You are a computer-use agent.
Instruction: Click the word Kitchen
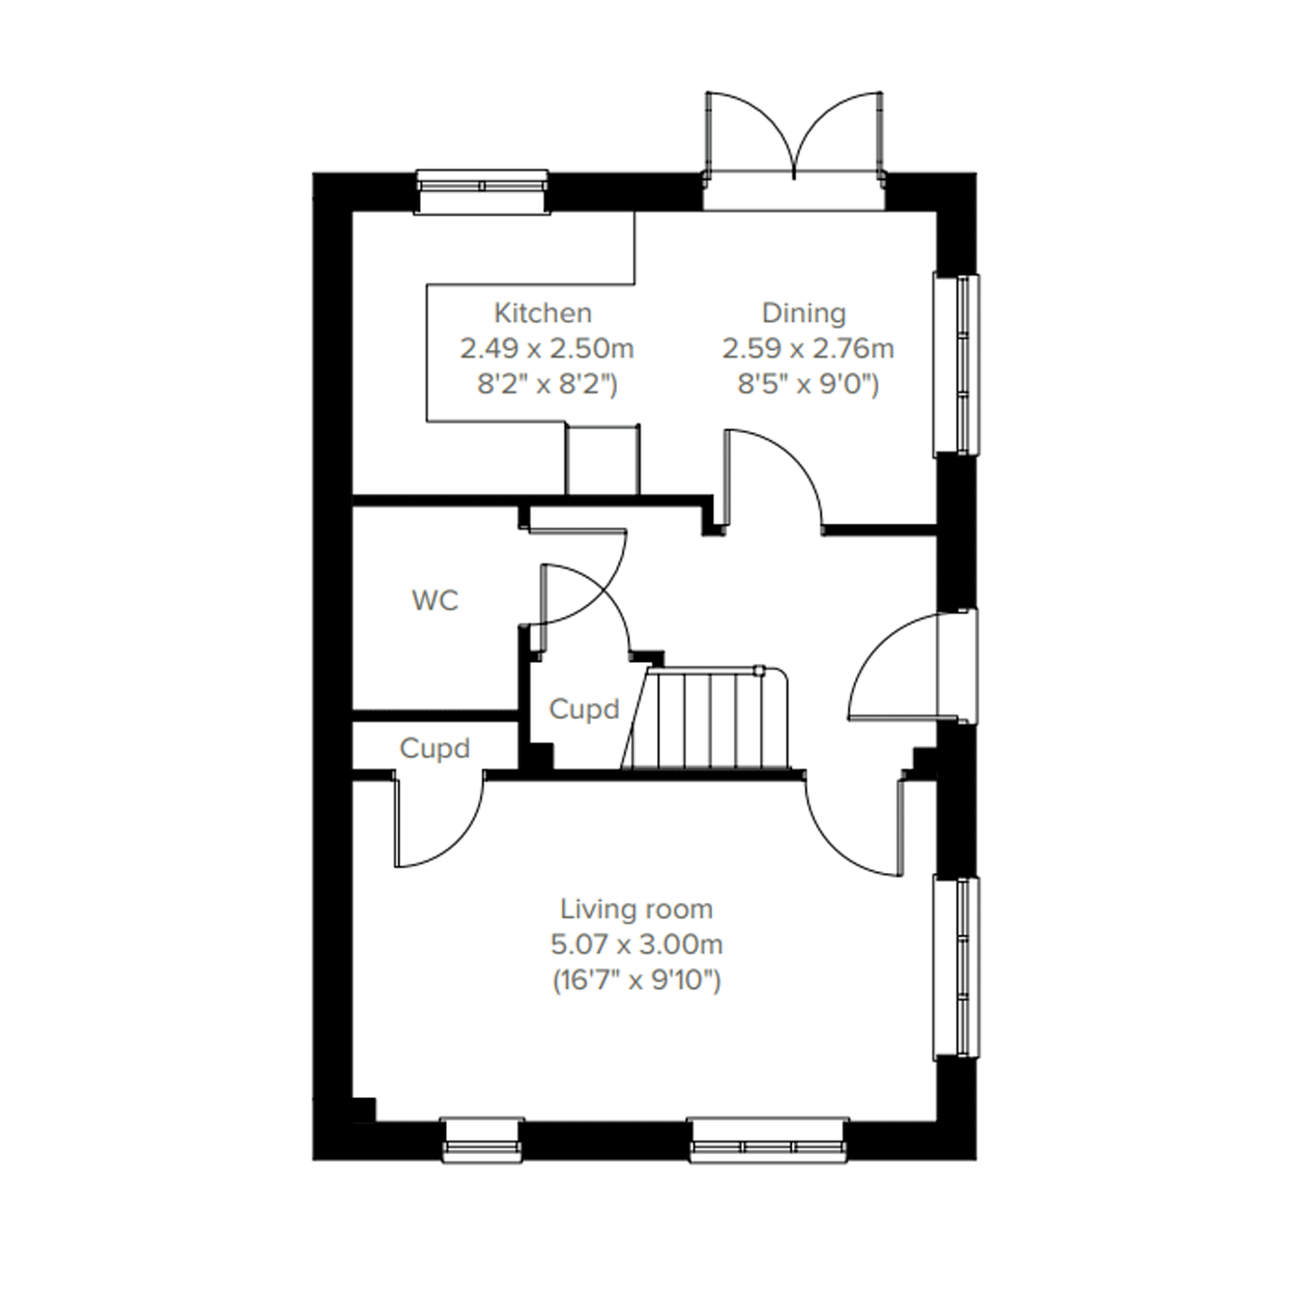pyautogui.click(x=542, y=313)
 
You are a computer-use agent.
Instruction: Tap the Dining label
pyautogui.click(x=804, y=313)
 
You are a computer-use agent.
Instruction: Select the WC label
pyautogui.click(x=435, y=601)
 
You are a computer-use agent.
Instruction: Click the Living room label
pyautogui.click(x=636, y=910)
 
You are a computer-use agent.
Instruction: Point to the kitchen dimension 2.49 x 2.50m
pyautogui.click(x=546, y=348)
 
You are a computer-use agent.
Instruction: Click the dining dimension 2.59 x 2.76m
pyautogui.click(x=807, y=348)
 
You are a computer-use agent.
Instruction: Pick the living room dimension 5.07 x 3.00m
pyautogui.click(x=636, y=945)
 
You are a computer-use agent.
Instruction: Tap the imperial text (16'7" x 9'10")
pyautogui.click(x=636, y=981)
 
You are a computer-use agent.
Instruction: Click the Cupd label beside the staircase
pyautogui.click(x=584, y=709)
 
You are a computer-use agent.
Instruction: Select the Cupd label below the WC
pyautogui.click(x=434, y=749)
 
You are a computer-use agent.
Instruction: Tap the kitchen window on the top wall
pyautogui.click(x=482, y=192)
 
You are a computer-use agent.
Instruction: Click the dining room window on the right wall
pyautogui.click(x=956, y=364)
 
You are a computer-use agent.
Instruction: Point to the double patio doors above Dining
pyautogui.click(x=794, y=151)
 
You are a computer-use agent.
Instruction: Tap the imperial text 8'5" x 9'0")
pyautogui.click(x=807, y=385)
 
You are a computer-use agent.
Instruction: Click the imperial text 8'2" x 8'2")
pyautogui.click(x=546, y=385)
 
